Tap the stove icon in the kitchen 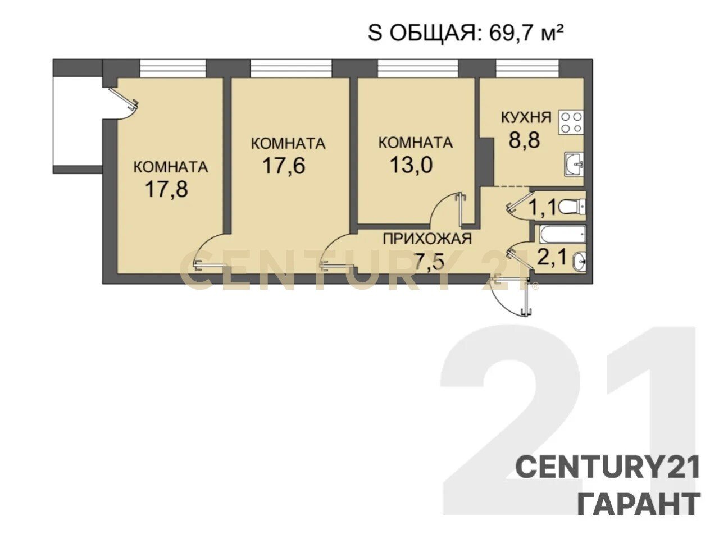click(x=571, y=123)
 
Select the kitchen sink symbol click(x=574, y=165)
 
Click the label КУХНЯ click(x=526, y=117)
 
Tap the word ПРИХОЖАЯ click(x=427, y=239)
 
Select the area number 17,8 click(x=167, y=189)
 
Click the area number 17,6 click(x=284, y=166)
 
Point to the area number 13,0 click(x=411, y=165)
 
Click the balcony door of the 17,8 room click(x=124, y=99)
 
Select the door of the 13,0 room click(x=448, y=209)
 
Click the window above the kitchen click(x=527, y=68)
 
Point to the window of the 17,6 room click(x=291, y=68)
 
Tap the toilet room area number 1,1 click(x=543, y=208)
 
